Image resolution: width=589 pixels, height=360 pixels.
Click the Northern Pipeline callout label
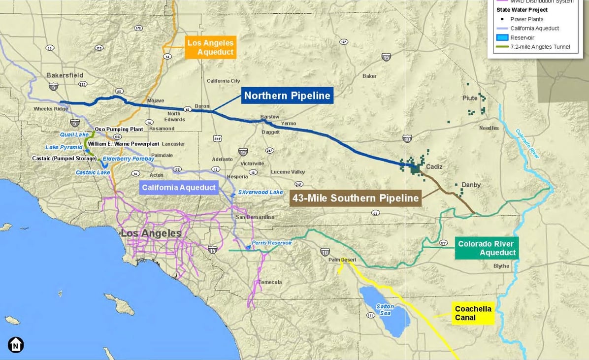click(x=287, y=96)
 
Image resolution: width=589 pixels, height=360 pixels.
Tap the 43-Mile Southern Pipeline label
click(x=355, y=198)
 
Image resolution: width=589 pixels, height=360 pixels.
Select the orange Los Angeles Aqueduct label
click(x=210, y=48)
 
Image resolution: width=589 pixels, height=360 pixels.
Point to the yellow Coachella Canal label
click(x=473, y=313)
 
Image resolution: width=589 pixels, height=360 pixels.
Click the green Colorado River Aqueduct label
click(x=486, y=248)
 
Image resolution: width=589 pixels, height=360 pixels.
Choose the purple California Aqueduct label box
click(x=179, y=187)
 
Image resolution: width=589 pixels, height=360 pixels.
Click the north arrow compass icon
click(x=16, y=345)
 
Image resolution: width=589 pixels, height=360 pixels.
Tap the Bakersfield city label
click(x=65, y=75)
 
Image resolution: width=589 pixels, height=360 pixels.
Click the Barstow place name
click(x=270, y=117)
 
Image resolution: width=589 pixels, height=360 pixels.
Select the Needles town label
click(x=489, y=128)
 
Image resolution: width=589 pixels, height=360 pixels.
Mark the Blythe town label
click(x=501, y=266)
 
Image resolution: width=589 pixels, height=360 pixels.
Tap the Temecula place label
click(x=270, y=282)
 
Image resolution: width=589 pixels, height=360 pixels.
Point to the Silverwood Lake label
click(x=261, y=192)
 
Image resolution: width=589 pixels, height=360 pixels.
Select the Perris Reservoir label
click(x=271, y=243)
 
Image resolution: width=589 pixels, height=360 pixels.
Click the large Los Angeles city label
click(x=151, y=233)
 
